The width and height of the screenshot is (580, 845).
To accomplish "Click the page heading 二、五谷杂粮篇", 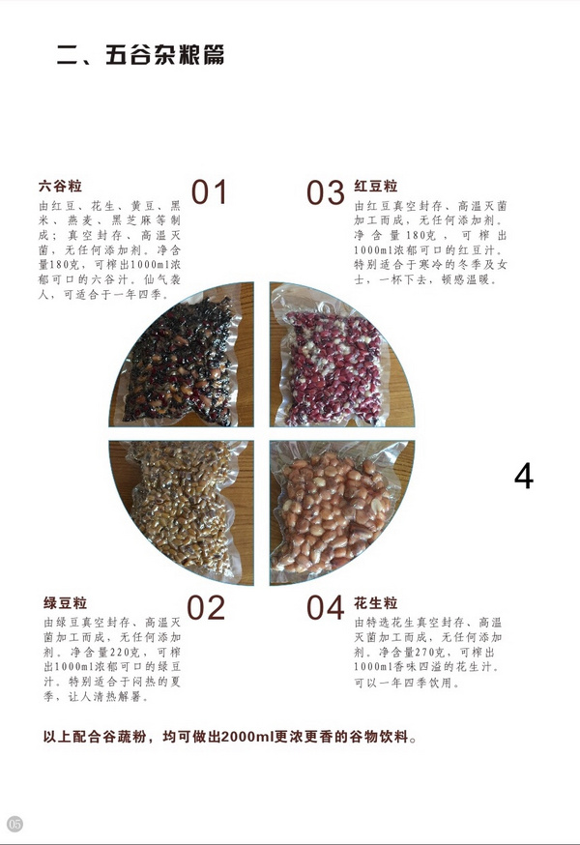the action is coord(140,55).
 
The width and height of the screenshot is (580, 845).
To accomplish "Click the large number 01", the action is coord(209,191).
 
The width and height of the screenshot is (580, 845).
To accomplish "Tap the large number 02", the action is coord(206,607).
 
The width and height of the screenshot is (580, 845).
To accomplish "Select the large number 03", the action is coord(326,192).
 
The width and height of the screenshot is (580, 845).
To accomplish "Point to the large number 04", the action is coord(326,607).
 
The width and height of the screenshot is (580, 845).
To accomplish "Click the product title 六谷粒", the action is coord(60,187).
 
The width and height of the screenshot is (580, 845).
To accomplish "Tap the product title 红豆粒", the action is coord(376,187).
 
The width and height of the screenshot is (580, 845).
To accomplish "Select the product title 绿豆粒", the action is coord(65,602).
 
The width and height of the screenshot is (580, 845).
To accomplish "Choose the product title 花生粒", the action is coord(376,602).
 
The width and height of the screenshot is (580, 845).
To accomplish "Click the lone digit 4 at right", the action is coord(523,476).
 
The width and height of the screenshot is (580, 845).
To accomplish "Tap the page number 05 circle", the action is coord(14,824).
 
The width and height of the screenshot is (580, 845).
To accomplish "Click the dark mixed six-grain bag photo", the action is coord(181,355).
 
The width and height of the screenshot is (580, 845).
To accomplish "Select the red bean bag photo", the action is coord(342,355).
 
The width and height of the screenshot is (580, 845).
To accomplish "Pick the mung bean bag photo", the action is coord(181,512).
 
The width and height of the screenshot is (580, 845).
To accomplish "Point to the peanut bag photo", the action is coord(342,512).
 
